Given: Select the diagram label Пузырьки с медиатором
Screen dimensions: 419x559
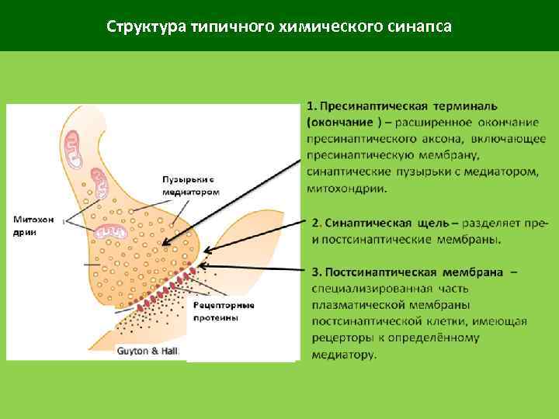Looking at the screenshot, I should pos(191,186).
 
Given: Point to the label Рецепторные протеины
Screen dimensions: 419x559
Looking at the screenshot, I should pos(224,311).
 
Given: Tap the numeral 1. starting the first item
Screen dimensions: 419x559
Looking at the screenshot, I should pos(311,106).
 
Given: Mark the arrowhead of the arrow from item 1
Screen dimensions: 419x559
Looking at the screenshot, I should pos(206,252).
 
